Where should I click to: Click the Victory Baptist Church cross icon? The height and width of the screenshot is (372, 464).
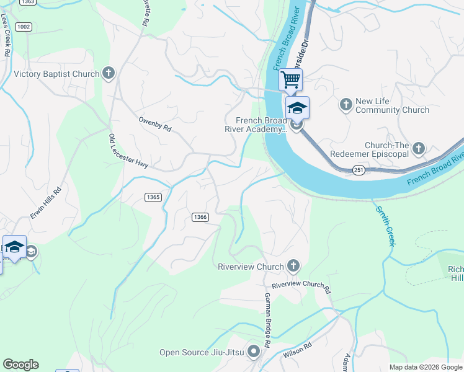[x=109, y=74]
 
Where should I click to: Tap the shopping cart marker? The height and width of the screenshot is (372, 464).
[x=290, y=79]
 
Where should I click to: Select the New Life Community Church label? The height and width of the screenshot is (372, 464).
[x=392, y=105]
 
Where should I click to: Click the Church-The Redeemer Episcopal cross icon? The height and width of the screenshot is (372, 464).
[x=419, y=148]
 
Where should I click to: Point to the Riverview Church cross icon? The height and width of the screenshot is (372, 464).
[x=293, y=267]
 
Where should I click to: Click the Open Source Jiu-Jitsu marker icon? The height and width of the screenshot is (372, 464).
[x=254, y=352]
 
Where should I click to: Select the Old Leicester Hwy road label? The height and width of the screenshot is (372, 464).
[x=128, y=151]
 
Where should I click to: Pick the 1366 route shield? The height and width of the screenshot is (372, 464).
[x=200, y=217]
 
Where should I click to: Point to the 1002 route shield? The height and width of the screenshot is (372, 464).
[x=25, y=26]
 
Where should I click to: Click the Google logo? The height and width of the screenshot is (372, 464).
[x=20, y=365]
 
